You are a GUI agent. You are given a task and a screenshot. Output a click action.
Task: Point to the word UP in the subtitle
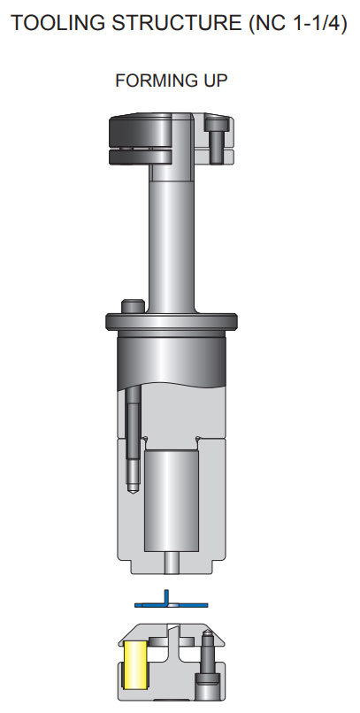[x=216, y=80]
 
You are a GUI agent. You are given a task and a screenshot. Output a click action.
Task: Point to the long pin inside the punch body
[x=130, y=433]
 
